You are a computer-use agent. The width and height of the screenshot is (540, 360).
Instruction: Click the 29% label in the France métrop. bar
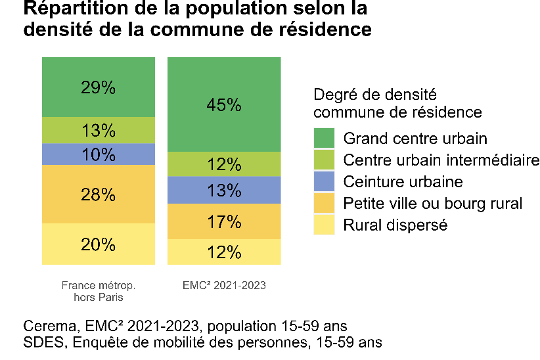click(x=99, y=88)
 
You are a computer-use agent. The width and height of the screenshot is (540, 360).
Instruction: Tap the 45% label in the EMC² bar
click(x=225, y=104)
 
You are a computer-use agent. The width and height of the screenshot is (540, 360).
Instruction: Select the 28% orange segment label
click(x=99, y=194)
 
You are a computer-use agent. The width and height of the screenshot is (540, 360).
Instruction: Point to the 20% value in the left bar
click(x=99, y=244)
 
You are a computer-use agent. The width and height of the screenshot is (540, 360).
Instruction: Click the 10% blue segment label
click(x=99, y=155)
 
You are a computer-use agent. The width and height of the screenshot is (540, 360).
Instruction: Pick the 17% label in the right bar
click(x=225, y=223)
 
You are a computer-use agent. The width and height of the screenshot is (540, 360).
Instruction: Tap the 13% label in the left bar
click(x=99, y=131)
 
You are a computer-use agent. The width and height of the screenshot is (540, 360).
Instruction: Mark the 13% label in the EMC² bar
click(x=225, y=191)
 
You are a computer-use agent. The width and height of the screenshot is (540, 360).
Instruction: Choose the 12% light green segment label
click(x=225, y=165)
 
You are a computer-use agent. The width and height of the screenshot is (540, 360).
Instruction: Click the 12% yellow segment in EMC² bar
click(x=225, y=252)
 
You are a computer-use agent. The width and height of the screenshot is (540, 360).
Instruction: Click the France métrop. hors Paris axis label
click(x=99, y=292)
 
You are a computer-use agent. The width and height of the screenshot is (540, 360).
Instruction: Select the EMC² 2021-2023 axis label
click(x=225, y=286)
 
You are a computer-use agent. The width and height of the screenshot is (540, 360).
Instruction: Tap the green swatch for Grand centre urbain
click(x=325, y=139)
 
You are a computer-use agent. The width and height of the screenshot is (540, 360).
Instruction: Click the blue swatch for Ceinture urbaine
click(x=325, y=181)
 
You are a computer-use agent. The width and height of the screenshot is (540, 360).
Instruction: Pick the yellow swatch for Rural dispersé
click(x=325, y=225)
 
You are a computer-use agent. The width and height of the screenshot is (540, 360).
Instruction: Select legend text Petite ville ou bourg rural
click(x=433, y=203)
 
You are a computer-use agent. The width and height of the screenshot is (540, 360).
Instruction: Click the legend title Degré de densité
click(x=375, y=95)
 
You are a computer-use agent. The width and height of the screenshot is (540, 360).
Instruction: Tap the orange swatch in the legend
click(x=325, y=203)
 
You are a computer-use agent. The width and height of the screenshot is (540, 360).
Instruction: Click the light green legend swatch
click(x=325, y=160)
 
